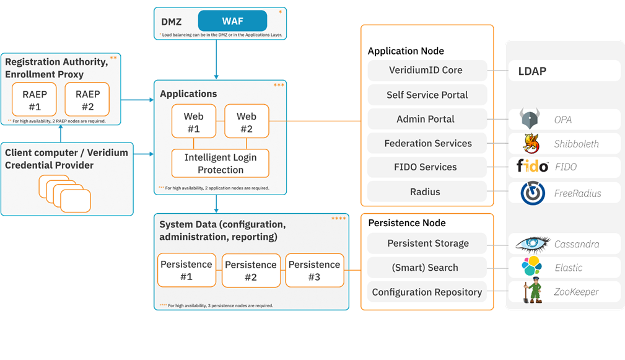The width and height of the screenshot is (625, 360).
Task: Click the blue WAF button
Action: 232,21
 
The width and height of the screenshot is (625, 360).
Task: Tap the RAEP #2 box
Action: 87,99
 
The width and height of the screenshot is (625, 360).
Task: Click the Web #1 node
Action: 193,121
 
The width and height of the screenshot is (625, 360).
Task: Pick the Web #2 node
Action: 247,121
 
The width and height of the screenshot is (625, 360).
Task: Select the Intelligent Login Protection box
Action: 221,164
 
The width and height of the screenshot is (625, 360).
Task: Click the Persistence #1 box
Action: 186,270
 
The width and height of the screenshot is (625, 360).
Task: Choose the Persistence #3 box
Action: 314,270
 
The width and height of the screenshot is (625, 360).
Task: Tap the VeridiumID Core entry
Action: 426,71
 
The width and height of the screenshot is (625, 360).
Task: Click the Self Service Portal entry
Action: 427,95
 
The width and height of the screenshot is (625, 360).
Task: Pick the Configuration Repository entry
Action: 427,292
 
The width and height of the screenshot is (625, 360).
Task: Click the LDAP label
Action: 532,71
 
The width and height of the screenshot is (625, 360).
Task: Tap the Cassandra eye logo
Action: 531,244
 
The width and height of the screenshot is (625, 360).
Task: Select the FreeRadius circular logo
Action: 533,193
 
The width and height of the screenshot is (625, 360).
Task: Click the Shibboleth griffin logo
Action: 531,143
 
